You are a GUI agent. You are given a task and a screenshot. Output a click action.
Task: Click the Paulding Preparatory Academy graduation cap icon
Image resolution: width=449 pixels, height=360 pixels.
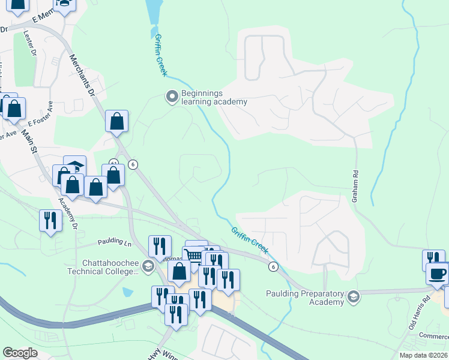coord(354,295)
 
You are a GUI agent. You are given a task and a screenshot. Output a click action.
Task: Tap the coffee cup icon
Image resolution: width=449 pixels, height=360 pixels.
coord(437,274)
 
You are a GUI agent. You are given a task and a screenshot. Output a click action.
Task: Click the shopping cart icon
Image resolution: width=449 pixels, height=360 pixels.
coord(193,254)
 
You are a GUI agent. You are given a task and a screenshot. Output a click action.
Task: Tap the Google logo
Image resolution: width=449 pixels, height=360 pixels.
coord(20,353)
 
